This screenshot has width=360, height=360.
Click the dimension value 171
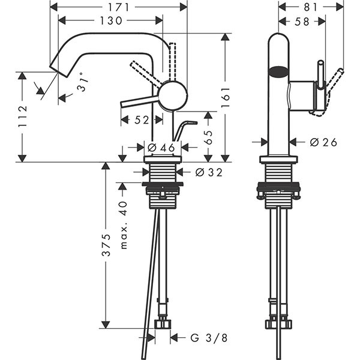click(118, 7)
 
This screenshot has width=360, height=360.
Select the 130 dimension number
click(110, 20)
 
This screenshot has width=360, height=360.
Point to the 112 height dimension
click(22, 117)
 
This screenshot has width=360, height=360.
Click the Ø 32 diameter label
click(209, 173)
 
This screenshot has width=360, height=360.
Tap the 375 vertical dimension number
click(106, 246)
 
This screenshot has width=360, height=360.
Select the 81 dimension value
click(310, 7)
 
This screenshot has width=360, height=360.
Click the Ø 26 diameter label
click(324, 142)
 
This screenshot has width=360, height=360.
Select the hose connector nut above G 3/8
click(163, 324)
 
